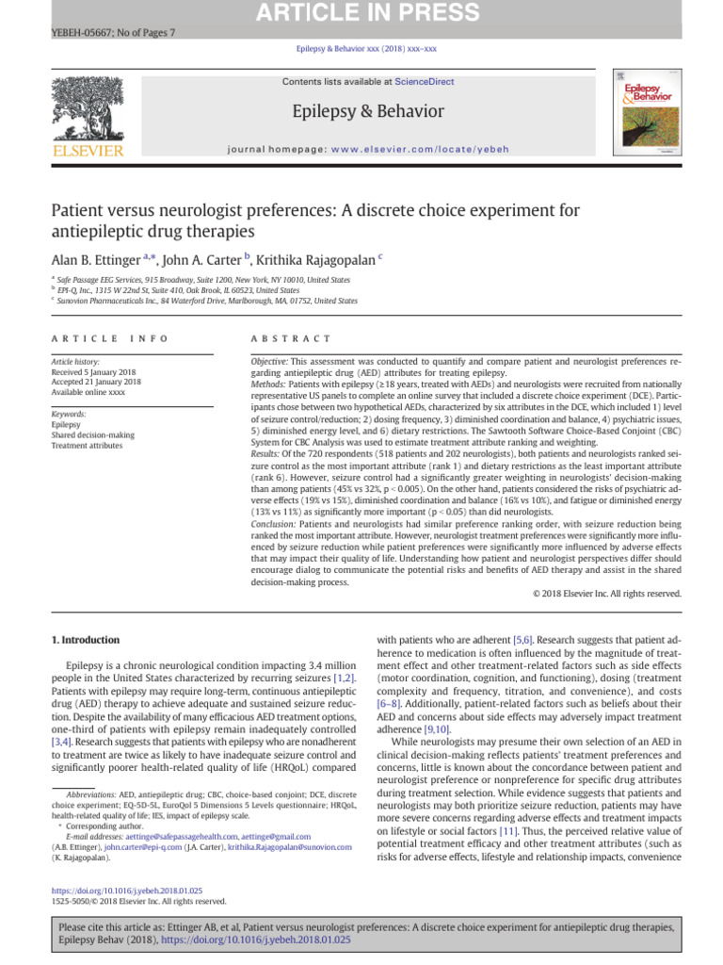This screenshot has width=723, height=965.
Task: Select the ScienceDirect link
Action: (424, 82)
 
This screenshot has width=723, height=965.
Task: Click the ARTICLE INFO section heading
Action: (110, 338)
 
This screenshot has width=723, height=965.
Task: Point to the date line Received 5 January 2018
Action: (92, 371)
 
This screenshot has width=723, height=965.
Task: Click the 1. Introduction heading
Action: (85, 639)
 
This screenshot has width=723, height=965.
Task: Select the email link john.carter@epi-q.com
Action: (141, 847)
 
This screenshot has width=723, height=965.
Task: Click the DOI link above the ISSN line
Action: (126, 890)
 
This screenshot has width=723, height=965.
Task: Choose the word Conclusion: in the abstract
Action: (274, 523)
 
